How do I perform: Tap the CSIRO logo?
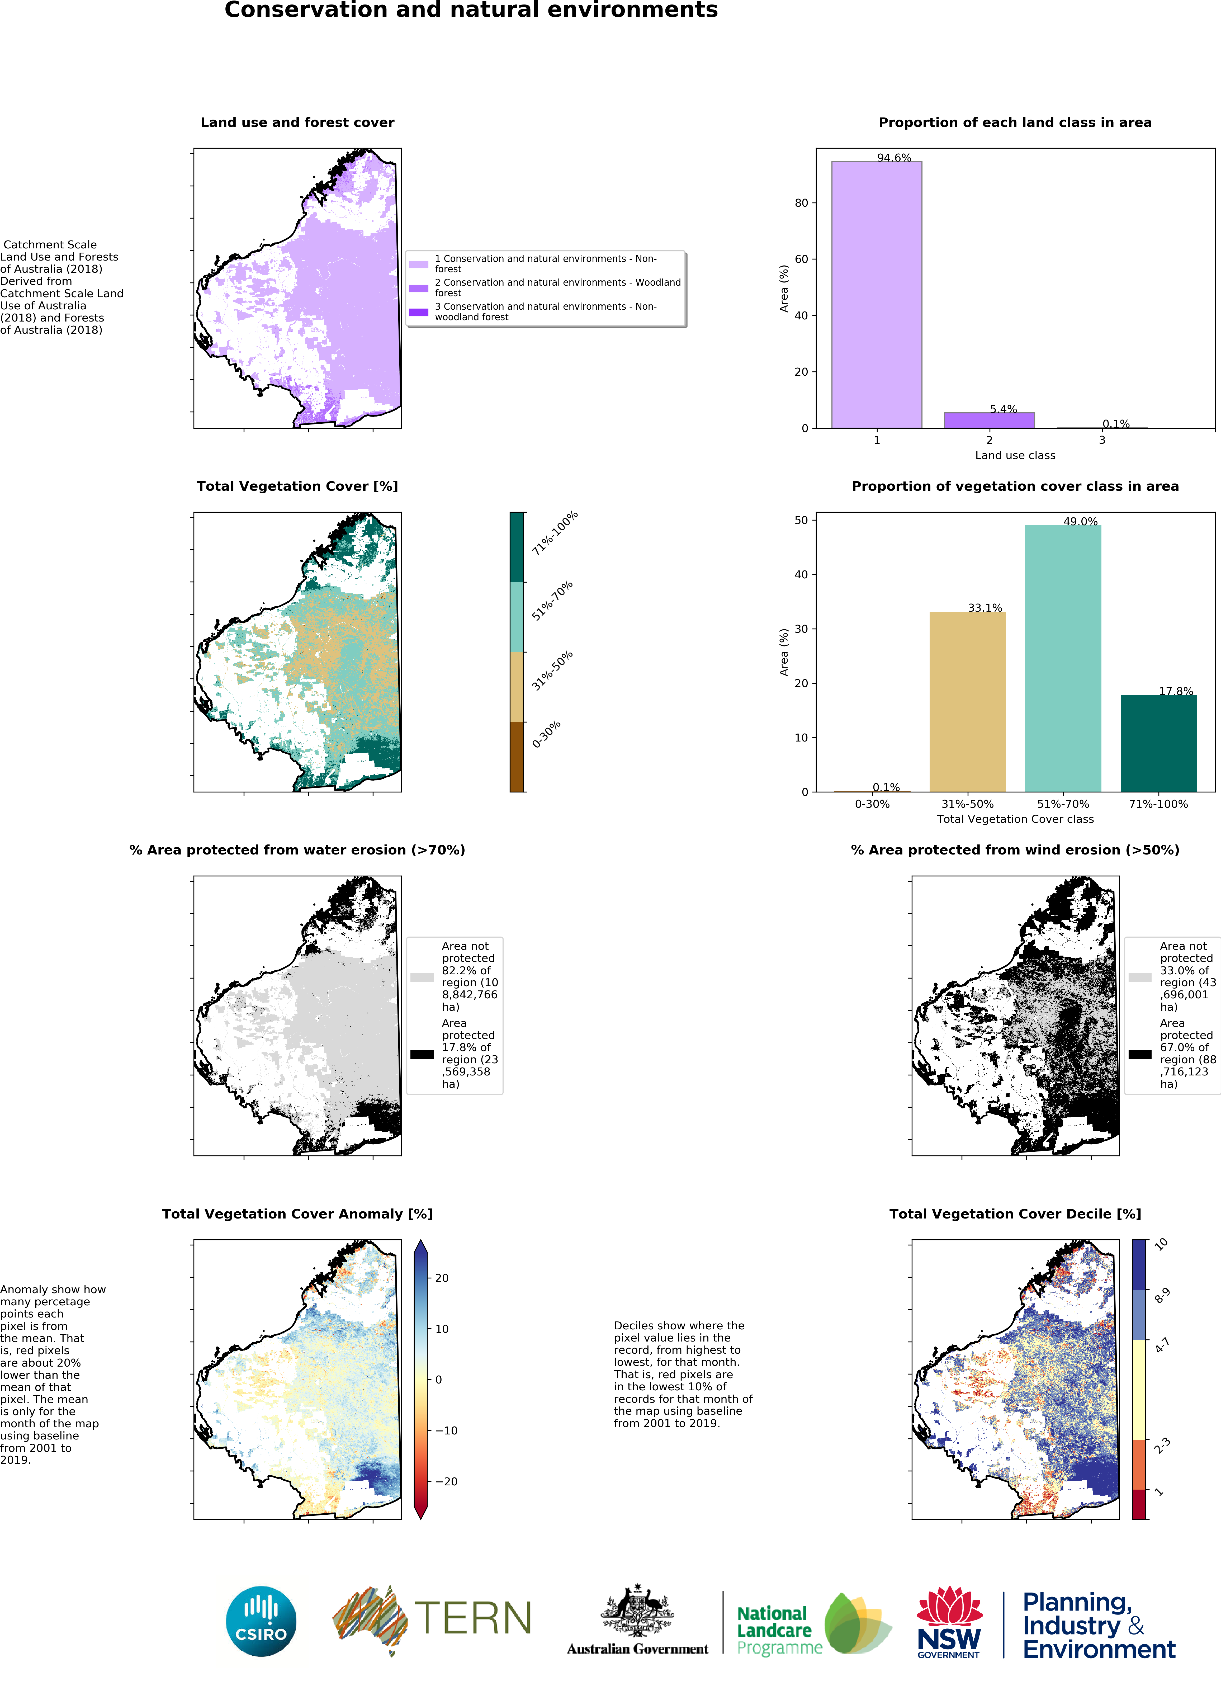(x=261, y=1621)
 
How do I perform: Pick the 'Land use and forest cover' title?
(x=297, y=123)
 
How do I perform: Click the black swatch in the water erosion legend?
(x=421, y=1054)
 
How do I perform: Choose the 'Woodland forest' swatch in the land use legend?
(x=418, y=288)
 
